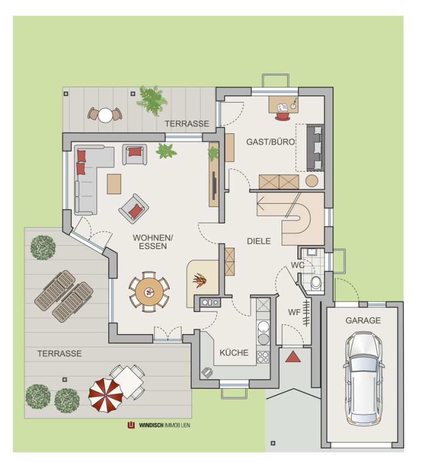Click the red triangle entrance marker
click(293, 357)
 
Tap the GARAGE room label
click(363, 320)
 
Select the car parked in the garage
click(364, 379)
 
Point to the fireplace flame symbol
click(199, 281)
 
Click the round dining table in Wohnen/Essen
click(149, 292)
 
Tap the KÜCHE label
click(234, 353)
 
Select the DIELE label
click(259, 241)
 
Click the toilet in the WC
click(316, 283)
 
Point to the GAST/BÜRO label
click(270, 142)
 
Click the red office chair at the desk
click(282, 116)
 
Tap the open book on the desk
click(282, 107)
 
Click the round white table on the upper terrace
click(105, 115)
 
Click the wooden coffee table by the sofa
click(114, 184)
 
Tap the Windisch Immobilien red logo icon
click(131, 425)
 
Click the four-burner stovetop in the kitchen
click(263, 357)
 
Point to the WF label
click(294, 313)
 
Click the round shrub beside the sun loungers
click(43, 248)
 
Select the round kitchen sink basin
click(263, 326)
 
